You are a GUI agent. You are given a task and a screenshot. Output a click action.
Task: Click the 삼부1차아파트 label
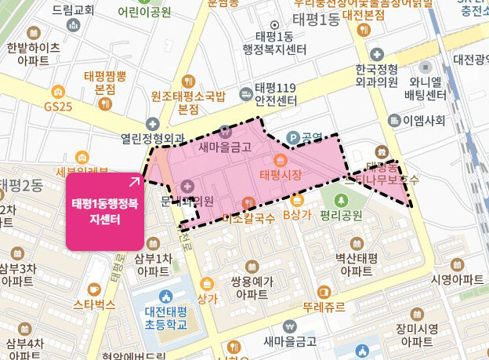153,264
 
